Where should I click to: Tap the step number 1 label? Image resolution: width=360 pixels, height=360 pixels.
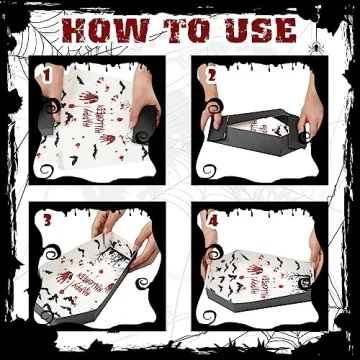click(44, 73)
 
